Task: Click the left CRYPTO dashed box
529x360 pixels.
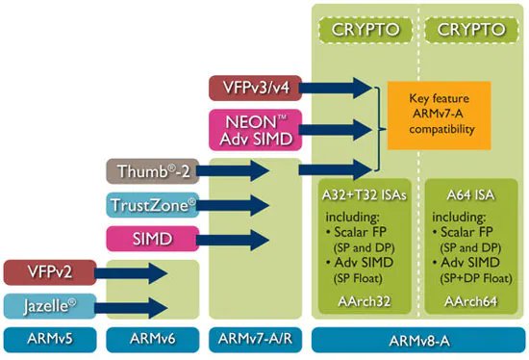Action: pyautogui.click(x=365, y=30)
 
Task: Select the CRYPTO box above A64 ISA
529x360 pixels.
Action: pyautogui.click(x=471, y=30)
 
